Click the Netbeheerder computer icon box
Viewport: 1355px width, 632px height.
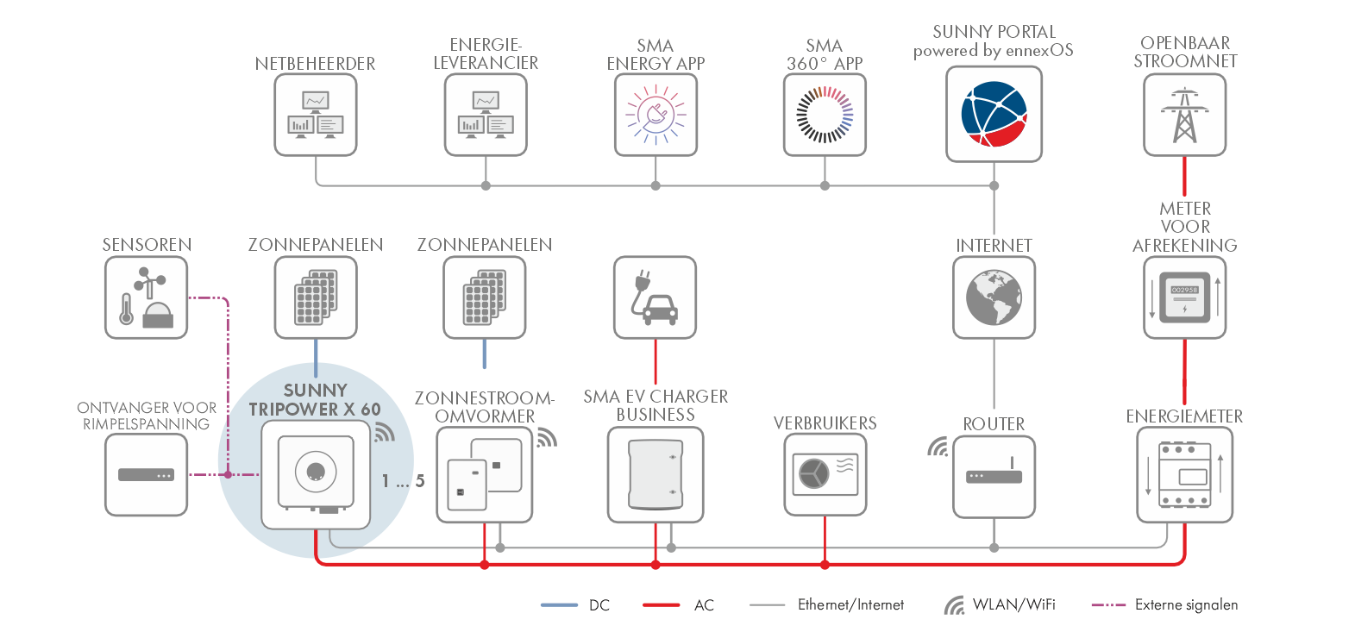click(316, 115)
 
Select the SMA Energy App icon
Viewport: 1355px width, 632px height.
click(656, 115)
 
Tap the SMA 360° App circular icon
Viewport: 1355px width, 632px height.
click(825, 115)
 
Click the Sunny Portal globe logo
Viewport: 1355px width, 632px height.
click(994, 114)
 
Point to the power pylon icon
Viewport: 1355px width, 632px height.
click(1184, 115)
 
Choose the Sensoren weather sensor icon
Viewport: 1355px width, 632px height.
click(146, 297)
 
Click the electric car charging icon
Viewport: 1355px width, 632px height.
click(655, 297)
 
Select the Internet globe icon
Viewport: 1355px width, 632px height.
click(994, 297)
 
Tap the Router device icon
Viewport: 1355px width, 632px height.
click(994, 476)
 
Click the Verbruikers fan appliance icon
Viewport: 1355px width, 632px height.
click(825, 474)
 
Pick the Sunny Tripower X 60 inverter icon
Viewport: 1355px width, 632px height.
click(316, 473)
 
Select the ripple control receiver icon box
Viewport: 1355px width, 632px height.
click(146, 475)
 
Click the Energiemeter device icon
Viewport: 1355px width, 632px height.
click(1184, 475)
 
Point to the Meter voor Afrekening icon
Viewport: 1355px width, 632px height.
click(1184, 297)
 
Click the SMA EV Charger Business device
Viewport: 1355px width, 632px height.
click(656, 475)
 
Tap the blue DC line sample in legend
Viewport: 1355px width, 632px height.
click(559, 605)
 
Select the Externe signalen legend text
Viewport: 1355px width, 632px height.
click(1186, 605)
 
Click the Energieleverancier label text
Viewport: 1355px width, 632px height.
click(486, 53)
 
